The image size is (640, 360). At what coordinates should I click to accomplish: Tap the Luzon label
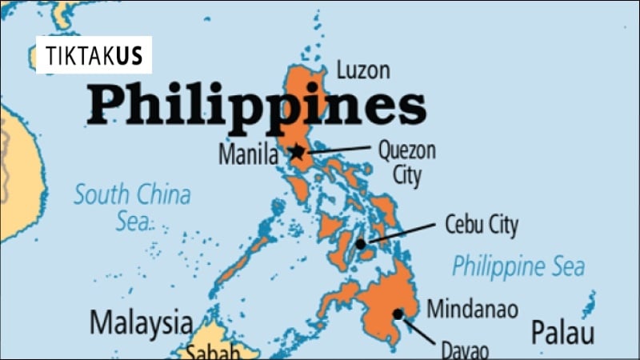click(x=363, y=70)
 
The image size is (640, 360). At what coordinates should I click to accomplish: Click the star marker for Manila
click(x=298, y=150)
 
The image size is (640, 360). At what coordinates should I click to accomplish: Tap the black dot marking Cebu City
click(x=361, y=243)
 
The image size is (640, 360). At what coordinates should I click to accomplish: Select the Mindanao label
click(x=472, y=309)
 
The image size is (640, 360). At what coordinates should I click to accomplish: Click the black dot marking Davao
click(x=398, y=314)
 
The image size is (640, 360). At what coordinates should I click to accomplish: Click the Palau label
click(x=563, y=331)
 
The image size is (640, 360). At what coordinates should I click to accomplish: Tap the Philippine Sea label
click(x=518, y=266)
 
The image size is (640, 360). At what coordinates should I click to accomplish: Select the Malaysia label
click(x=141, y=323)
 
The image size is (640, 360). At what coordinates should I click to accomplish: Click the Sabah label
click(x=214, y=351)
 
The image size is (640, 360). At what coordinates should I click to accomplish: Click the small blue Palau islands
click(x=590, y=303)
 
